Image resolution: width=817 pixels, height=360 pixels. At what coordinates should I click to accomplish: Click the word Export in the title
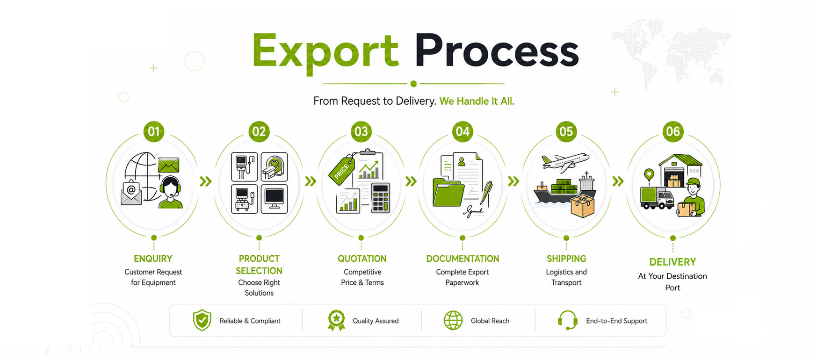(325, 52)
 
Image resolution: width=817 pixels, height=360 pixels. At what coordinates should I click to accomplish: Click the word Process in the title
(497, 50)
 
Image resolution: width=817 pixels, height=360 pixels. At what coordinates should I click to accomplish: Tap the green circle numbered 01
(154, 132)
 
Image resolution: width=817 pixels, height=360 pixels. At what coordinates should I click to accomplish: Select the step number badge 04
(463, 132)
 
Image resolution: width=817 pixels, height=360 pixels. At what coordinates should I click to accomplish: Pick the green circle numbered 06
(673, 132)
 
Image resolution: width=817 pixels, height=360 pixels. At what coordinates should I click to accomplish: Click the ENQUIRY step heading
(153, 259)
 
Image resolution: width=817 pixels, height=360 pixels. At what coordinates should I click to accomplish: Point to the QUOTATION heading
(362, 259)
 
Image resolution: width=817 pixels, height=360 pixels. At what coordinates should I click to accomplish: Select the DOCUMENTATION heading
(463, 259)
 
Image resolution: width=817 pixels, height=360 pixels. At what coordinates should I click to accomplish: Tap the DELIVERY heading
(672, 262)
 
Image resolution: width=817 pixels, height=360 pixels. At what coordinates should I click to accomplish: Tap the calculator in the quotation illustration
(380, 198)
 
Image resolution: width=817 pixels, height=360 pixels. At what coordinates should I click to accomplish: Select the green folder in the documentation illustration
(448, 192)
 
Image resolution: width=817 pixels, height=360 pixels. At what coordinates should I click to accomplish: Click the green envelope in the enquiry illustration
(168, 165)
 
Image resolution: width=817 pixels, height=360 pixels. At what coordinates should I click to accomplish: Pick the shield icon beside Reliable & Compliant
(202, 320)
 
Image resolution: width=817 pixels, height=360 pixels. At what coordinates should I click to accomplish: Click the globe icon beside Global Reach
(453, 321)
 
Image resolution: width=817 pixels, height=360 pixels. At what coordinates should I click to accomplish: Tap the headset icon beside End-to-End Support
(568, 320)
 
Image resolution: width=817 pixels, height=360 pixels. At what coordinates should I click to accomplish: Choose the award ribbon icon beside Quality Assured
(336, 321)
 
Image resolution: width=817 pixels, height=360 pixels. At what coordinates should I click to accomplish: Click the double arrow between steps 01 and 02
(206, 181)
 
